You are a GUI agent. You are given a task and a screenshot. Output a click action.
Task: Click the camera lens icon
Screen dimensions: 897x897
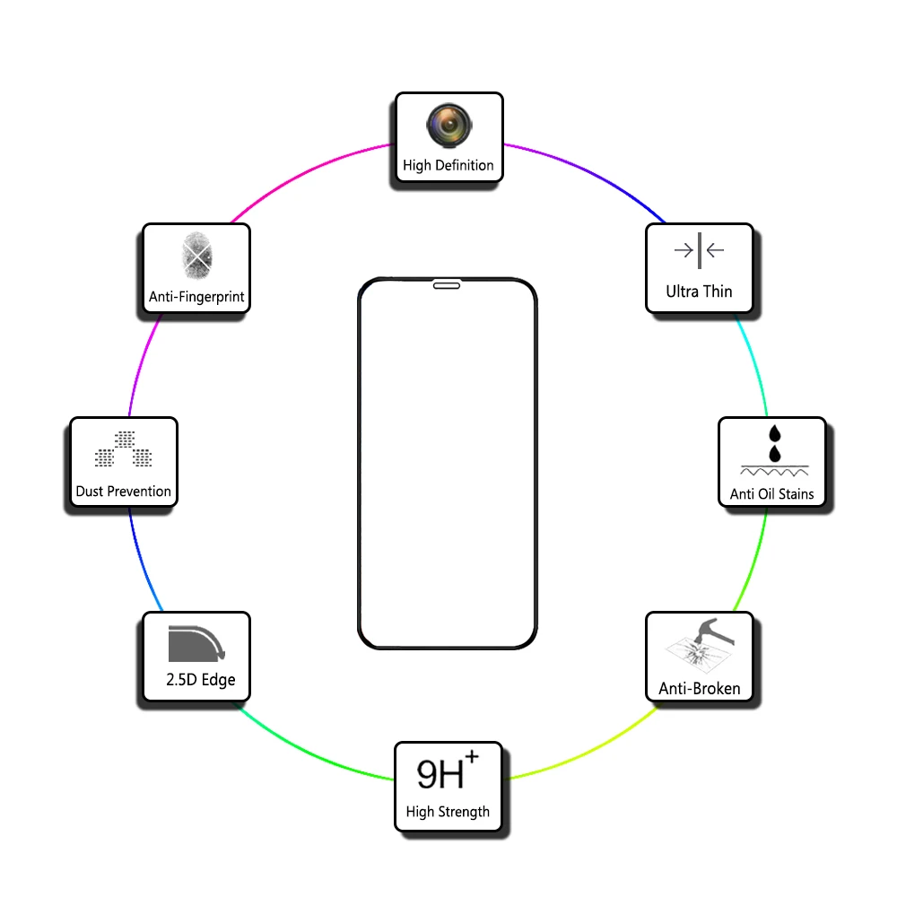click(x=449, y=126)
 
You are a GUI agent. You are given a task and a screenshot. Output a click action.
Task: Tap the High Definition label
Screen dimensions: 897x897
click(x=448, y=165)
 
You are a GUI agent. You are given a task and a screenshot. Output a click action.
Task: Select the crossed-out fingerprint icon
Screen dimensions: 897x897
click(x=196, y=256)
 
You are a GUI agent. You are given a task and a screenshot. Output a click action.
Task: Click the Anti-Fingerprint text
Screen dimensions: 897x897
click(x=196, y=297)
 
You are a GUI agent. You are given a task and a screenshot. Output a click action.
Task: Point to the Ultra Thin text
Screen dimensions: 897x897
click(x=699, y=292)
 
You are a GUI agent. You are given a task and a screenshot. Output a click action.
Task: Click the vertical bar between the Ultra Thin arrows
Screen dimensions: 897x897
click(x=699, y=250)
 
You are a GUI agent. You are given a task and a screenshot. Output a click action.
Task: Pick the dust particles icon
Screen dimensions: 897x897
click(x=124, y=449)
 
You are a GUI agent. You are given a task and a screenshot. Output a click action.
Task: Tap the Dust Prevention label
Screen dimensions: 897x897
click(x=123, y=492)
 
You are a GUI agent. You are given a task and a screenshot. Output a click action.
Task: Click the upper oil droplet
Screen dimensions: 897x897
click(x=775, y=433)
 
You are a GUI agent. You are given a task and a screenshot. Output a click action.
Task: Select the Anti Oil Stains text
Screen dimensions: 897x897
click(x=771, y=493)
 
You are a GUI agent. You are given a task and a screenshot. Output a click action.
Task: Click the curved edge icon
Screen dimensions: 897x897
click(x=196, y=643)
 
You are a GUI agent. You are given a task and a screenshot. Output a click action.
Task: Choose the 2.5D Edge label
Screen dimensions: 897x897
click(x=200, y=680)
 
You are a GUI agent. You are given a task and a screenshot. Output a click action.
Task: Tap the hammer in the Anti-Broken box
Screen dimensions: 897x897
click(x=713, y=631)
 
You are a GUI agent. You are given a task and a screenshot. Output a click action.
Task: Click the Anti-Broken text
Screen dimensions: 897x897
click(x=699, y=688)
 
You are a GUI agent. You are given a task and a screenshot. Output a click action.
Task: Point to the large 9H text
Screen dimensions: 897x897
click(x=440, y=775)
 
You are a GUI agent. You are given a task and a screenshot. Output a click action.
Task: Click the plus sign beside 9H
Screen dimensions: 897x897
click(x=472, y=757)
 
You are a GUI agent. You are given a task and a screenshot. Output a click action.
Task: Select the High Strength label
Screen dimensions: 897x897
click(x=448, y=812)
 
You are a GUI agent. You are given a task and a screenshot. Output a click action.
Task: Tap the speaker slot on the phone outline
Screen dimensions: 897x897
click(x=447, y=285)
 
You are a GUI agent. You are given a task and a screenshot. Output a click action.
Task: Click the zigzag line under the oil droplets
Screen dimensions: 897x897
click(x=774, y=473)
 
